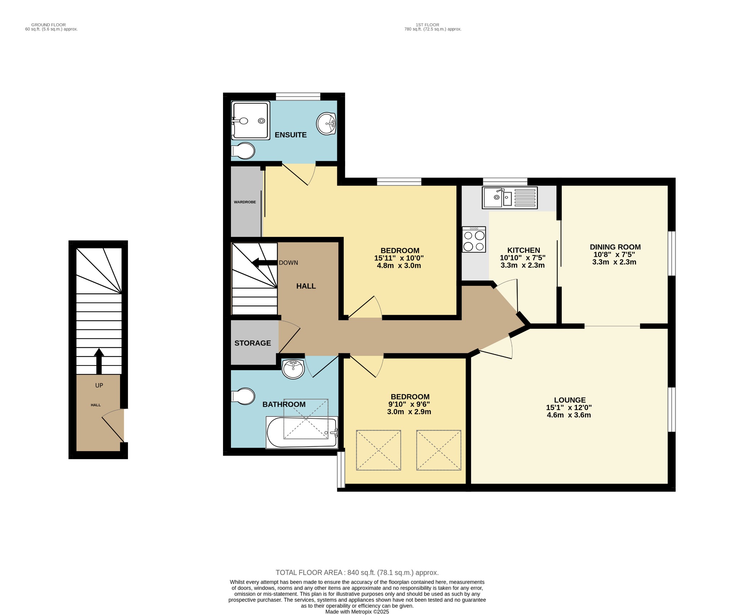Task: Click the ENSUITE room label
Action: pos(290,135)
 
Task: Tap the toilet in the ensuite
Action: pos(244,151)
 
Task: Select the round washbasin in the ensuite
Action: pos(326,124)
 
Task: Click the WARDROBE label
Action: pos(245,202)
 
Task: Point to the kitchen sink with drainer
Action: pos(510,198)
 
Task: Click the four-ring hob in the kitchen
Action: pos(474,239)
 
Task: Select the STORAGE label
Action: pos(253,343)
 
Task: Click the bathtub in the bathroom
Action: pos(302,432)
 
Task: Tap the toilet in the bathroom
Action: pos(244,396)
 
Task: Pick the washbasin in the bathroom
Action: pos(293,369)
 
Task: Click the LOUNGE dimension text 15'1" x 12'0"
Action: pos(569,408)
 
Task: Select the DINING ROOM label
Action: pos(615,247)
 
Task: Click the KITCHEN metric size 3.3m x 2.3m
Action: pos(523,265)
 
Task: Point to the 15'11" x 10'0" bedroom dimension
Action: pos(399,258)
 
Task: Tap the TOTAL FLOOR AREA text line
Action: pos(357,573)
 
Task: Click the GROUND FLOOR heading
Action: pos(48,25)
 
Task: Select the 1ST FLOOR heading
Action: pos(427,25)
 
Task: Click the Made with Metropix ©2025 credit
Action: pos(357,612)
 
